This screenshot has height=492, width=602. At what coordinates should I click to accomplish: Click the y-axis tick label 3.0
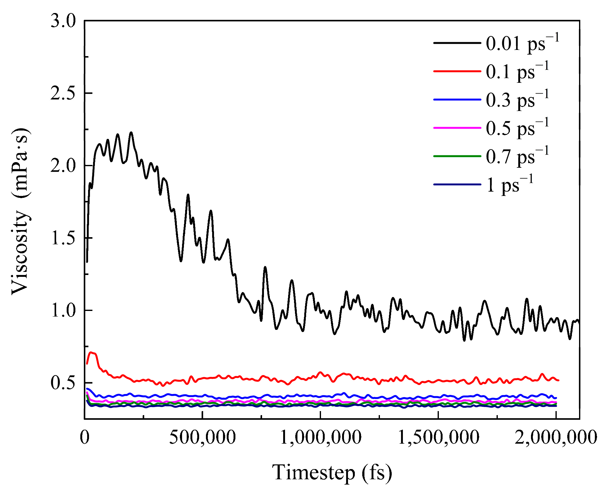[x=63, y=21]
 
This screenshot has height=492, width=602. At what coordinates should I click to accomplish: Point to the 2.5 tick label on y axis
[x=63, y=93]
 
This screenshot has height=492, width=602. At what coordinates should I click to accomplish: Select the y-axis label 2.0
[x=63, y=166]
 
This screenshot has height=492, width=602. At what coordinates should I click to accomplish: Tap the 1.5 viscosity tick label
[x=63, y=238]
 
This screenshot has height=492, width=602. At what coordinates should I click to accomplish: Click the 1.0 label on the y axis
[x=63, y=310]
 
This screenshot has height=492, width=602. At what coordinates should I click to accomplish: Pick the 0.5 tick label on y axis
[x=63, y=383]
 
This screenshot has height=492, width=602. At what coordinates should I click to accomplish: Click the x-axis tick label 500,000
[x=202, y=437]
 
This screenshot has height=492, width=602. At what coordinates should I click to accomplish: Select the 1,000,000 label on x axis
[x=321, y=437]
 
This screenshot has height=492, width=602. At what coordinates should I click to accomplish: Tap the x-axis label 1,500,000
[x=439, y=437]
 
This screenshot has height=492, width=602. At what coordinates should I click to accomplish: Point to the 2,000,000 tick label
[x=556, y=437]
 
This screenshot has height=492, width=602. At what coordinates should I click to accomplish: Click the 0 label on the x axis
[x=85, y=437]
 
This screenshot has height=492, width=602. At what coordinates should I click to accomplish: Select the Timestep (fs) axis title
[x=332, y=472]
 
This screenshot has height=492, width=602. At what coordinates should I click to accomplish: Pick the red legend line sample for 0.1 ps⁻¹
[x=457, y=71]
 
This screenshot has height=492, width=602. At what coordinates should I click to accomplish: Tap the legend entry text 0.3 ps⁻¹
[x=517, y=100]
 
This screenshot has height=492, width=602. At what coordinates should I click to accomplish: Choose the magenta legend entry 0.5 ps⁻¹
[x=517, y=128]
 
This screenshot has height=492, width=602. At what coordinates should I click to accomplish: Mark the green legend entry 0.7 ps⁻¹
[x=517, y=156]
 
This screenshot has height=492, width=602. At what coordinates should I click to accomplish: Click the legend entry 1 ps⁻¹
[x=510, y=184]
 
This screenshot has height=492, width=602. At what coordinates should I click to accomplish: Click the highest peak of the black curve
[x=131, y=133]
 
